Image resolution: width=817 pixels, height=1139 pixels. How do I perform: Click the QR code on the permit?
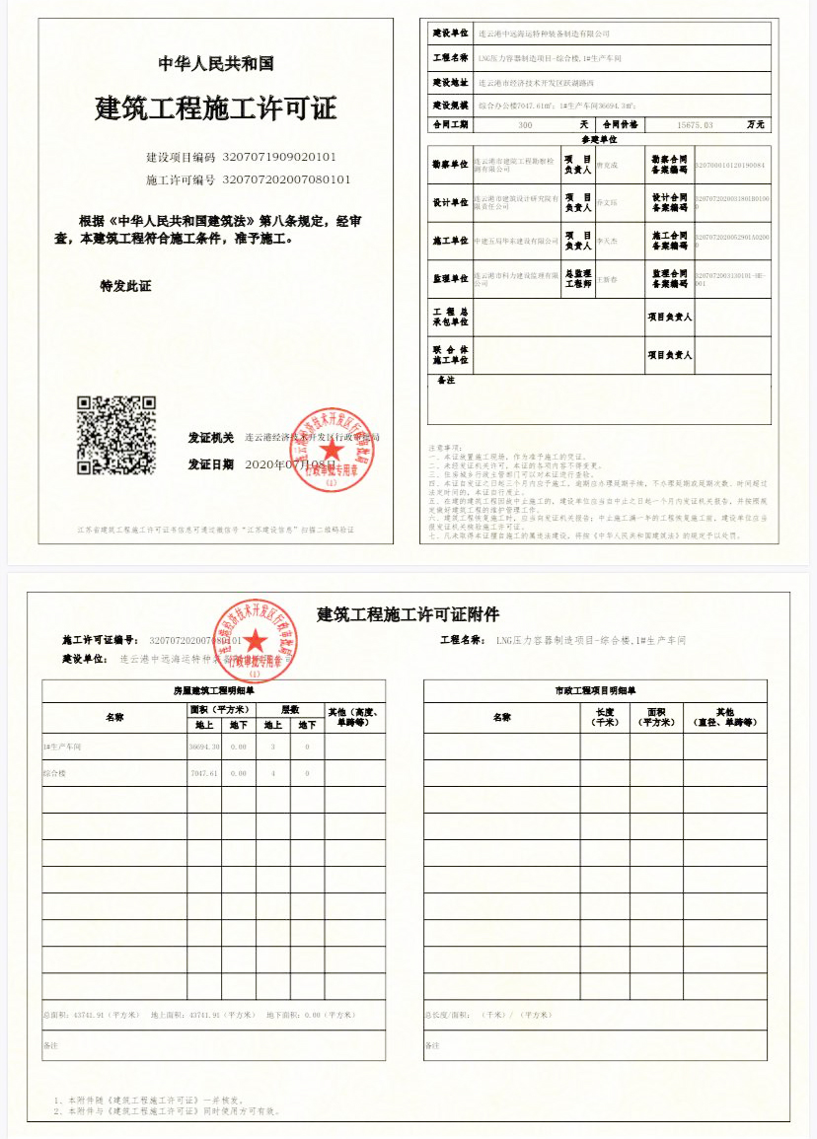115,435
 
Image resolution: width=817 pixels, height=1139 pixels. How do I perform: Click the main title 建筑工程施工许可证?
216,107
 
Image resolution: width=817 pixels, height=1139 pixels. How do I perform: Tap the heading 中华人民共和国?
216,64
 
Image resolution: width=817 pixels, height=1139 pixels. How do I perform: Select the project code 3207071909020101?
280,157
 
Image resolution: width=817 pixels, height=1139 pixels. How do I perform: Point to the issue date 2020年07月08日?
291,463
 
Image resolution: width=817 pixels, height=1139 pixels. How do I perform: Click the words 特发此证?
125,286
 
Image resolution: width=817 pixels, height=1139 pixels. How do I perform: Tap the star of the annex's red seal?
256,643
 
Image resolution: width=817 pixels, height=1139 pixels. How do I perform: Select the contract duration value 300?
524,125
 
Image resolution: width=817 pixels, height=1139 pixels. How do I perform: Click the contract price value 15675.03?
695,125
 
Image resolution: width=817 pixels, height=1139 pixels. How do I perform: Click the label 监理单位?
450,278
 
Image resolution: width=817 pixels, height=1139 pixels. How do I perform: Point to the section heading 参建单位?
599,140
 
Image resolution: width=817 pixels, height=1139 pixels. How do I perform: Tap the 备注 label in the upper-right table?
445,380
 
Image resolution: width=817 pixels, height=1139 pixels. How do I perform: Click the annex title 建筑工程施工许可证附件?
408,614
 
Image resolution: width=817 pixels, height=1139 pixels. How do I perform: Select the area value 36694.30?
204,747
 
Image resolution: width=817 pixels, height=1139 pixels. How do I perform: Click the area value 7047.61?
204,773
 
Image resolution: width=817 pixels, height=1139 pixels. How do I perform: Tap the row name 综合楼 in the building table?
55,773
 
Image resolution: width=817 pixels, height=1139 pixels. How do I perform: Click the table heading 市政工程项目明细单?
595,690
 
